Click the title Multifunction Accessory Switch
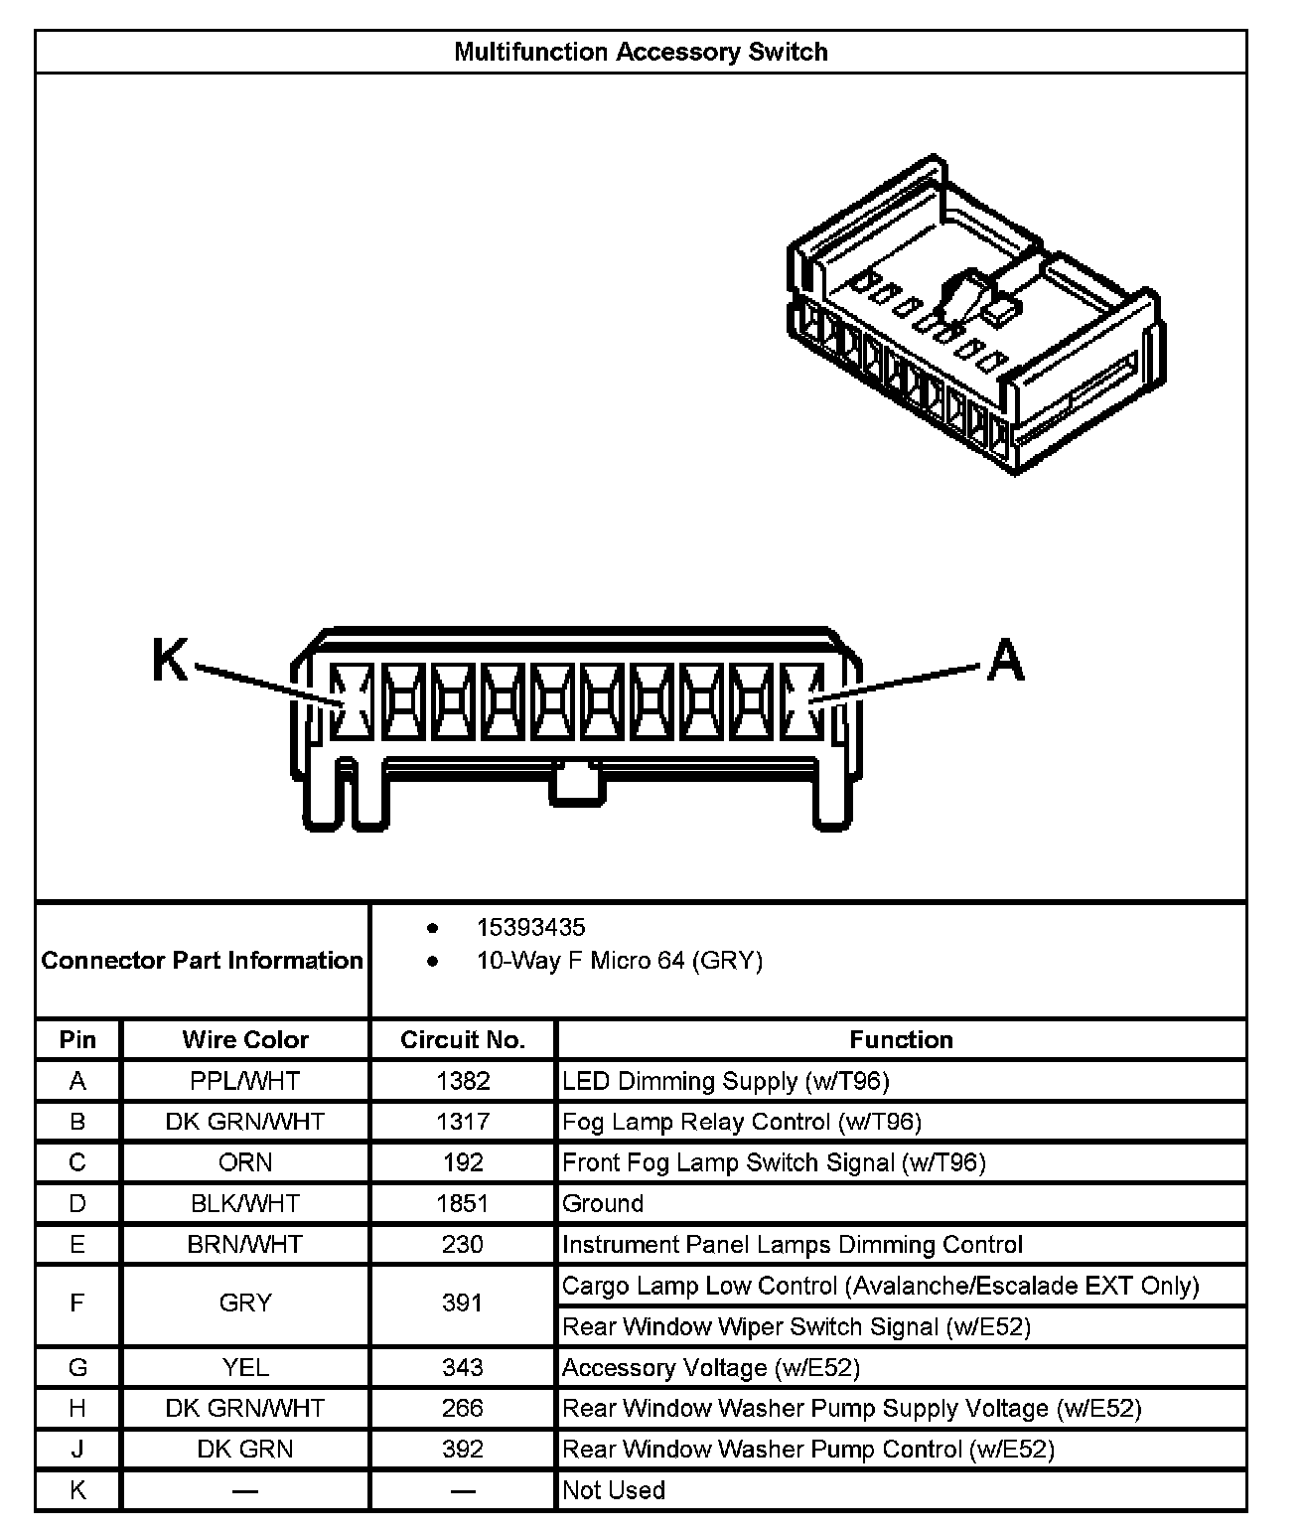[641, 53]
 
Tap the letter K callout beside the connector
[170, 660]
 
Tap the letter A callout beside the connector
[1005, 661]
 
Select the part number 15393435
[530, 927]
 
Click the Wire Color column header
[245, 1039]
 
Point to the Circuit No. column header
[462, 1039]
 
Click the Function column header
[901, 1039]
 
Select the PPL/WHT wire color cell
[245, 1081]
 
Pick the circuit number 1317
[463, 1122]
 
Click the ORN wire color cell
[245, 1162]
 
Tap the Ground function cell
[603, 1203]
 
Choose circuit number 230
[463, 1244]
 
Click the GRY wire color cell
[245, 1303]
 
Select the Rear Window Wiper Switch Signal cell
[796, 1326]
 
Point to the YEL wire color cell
[245, 1367]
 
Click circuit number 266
[463, 1408]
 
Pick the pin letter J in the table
[77, 1449]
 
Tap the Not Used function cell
[614, 1489]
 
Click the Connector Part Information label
[203, 960]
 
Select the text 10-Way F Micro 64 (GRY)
[620, 961]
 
